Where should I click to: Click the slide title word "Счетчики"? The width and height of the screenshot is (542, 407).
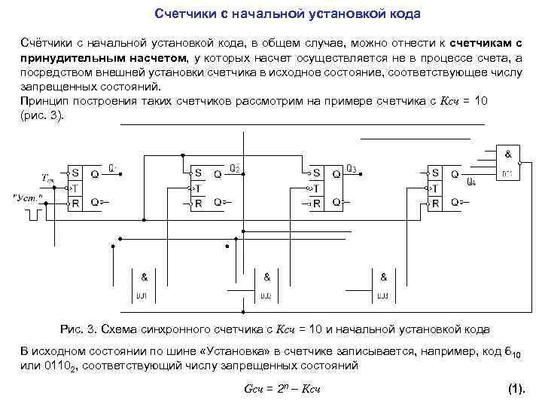point(184,14)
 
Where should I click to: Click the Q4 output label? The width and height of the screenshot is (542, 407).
point(471,182)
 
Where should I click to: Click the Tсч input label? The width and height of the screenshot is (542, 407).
point(47,179)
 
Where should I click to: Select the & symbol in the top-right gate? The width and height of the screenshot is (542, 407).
point(508,154)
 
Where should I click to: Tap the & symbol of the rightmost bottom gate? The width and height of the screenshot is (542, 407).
point(383,277)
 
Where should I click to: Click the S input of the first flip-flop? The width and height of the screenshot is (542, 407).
point(75,173)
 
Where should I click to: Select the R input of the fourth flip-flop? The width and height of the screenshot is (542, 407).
point(434,202)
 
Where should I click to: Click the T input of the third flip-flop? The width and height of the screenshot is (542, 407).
point(316,188)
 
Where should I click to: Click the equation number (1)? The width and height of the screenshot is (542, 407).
point(516,389)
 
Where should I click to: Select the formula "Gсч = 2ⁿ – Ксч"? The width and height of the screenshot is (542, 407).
point(283,389)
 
